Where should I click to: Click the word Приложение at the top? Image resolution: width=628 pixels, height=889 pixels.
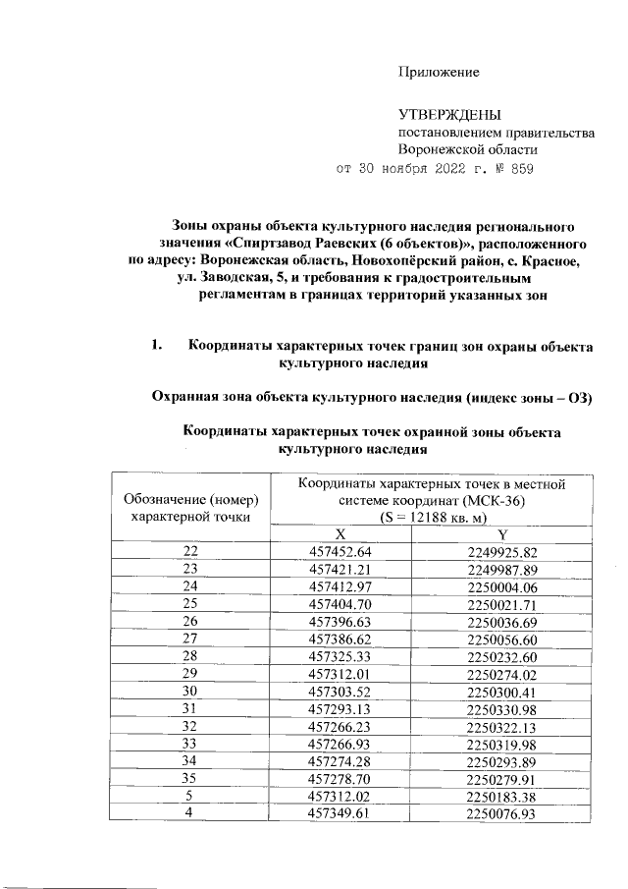point(438,73)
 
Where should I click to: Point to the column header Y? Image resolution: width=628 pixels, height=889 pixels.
point(502,533)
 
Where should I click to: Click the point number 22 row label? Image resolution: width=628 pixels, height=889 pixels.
point(190,552)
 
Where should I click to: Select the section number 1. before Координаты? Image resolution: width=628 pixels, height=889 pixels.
point(157,345)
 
